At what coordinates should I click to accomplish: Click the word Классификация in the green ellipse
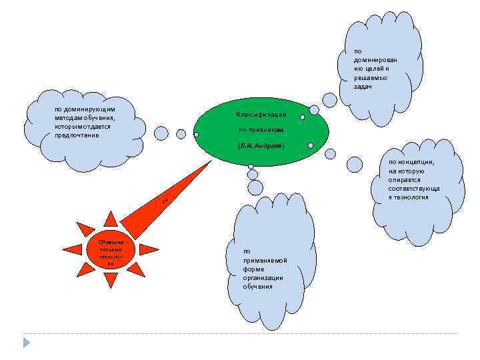[261, 115]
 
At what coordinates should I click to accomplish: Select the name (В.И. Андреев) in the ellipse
[261, 145]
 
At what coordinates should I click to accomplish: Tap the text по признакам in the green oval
[261, 129]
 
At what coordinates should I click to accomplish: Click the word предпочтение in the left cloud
[77, 135]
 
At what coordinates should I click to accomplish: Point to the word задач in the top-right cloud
[363, 87]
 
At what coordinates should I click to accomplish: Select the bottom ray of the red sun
[109, 281]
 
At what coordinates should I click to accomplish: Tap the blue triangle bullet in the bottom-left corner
[26, 343]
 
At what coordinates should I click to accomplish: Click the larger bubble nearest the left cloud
[161, 133]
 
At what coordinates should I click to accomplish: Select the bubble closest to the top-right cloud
[330, 100]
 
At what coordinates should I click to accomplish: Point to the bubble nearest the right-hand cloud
[355, 164]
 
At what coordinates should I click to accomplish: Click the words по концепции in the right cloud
[411, 162]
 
